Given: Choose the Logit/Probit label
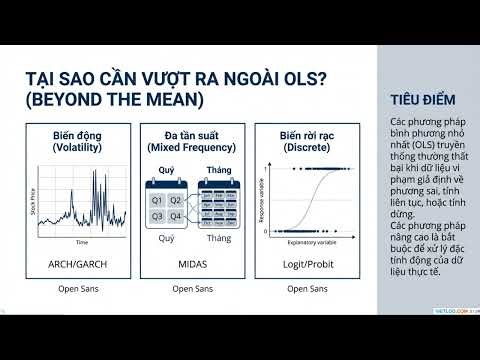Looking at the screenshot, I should coord(301,263).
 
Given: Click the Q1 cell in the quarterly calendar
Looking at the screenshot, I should coord(157,201).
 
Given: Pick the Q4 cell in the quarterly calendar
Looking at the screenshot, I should coord(176,216).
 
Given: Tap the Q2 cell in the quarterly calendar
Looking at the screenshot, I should coord(176,201).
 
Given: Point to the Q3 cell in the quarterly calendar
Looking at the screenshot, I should coord(157,216).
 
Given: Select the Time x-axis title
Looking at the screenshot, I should coord(83,243).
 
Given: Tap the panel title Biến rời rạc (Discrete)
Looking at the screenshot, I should coord(301,141).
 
